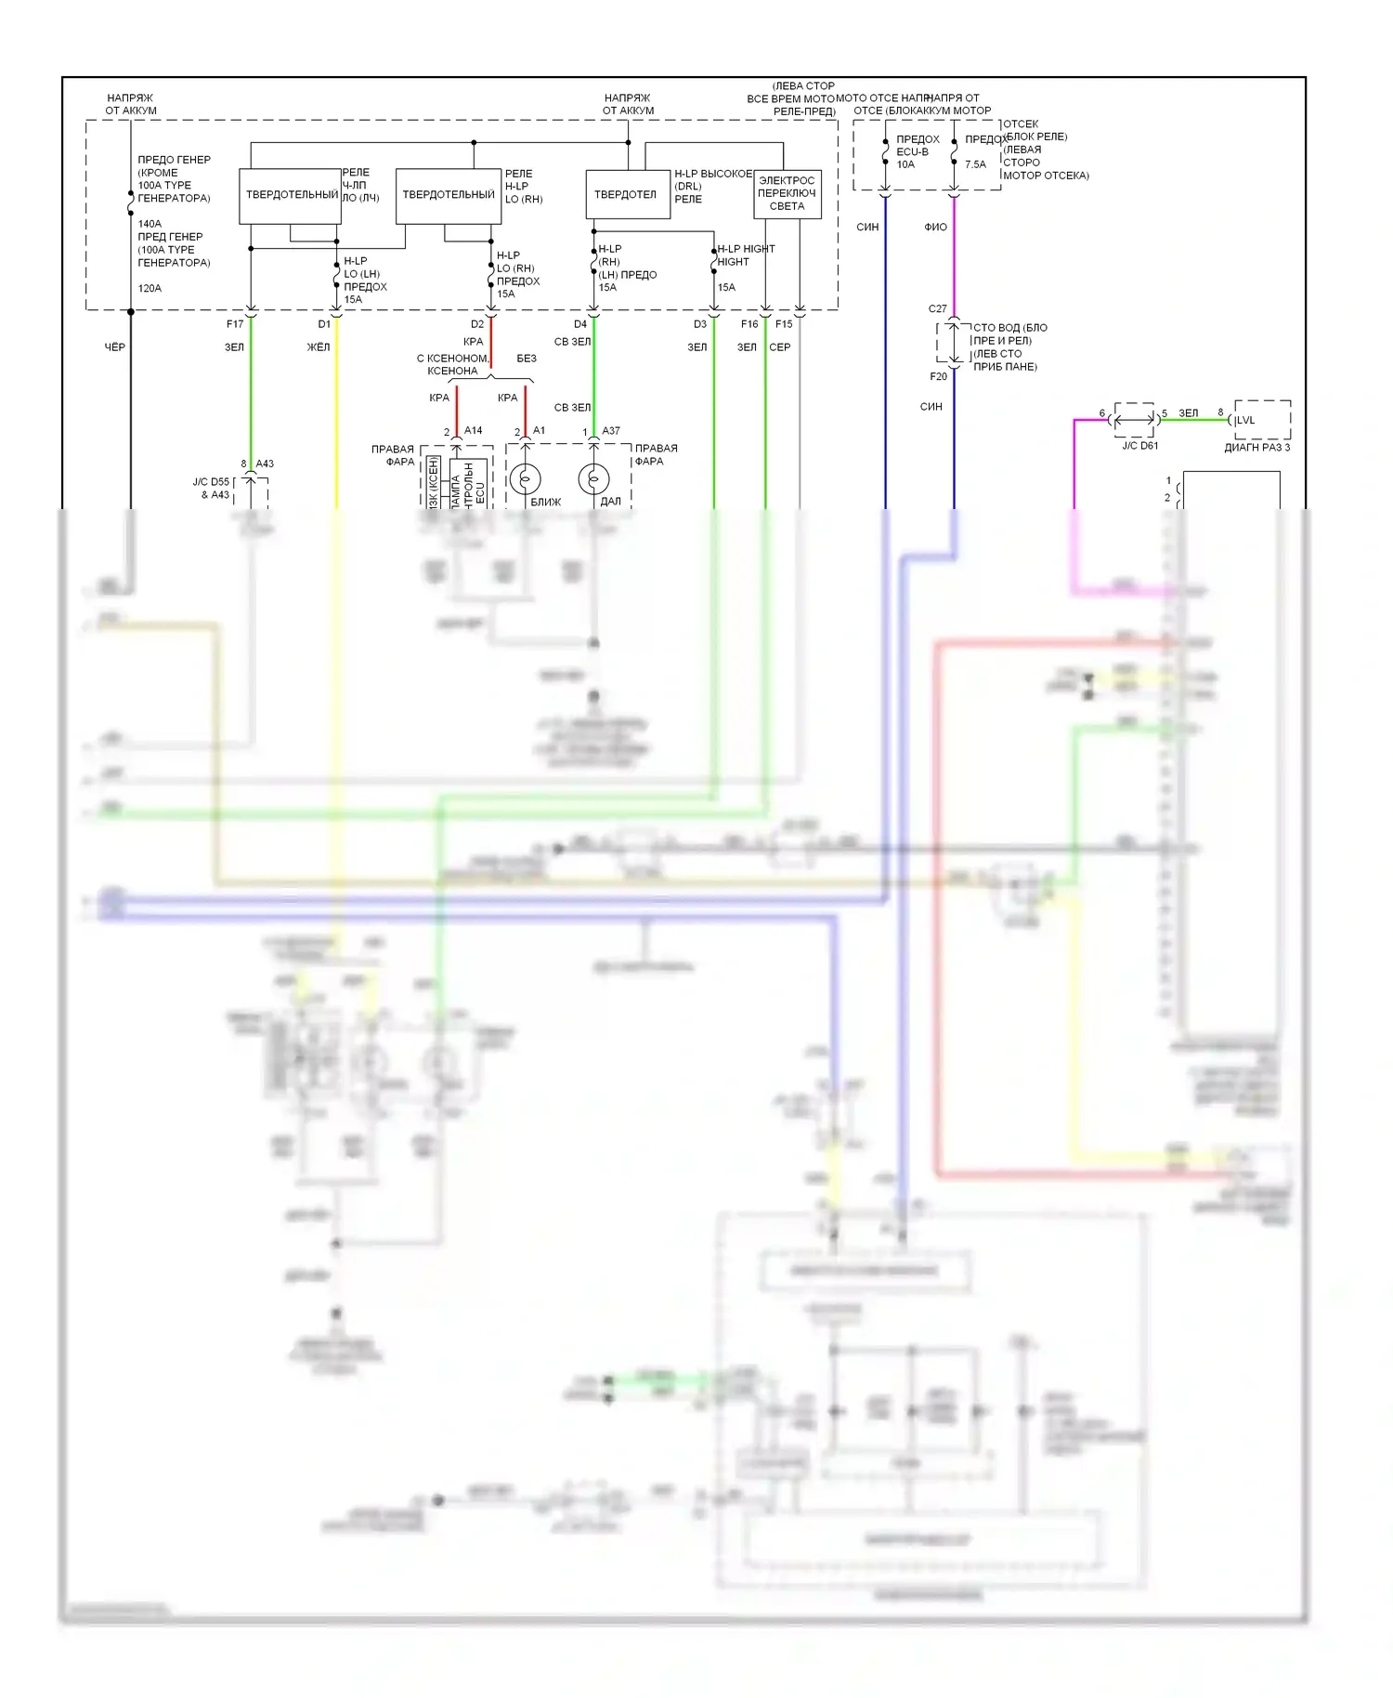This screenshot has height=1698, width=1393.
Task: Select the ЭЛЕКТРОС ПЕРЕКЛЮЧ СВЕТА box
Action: (x=788, y=194)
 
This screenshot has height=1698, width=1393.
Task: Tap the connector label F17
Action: (x=235, y=324)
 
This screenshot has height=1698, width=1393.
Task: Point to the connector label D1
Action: (x=324, y=324)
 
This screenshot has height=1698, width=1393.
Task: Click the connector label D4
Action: (x=580, y=324)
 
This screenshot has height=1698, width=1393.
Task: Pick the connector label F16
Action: (x=749, y=324)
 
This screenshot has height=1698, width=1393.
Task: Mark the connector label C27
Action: (x=938, y=308)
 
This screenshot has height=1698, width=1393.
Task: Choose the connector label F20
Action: (x=939, y=376)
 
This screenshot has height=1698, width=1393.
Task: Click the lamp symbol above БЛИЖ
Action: (x=525, y=479)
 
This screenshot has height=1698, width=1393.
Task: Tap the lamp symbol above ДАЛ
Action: (x=593, y=479)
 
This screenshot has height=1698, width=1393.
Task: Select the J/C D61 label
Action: (x=1139, y=446)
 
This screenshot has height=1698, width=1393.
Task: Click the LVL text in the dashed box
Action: (x=1245, y=421)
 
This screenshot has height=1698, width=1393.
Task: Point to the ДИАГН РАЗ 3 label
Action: (x=1256, y=448)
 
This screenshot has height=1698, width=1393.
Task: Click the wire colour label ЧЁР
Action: (x=114, y=347)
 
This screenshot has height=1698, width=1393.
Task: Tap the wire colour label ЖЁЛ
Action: (x=319, y=347)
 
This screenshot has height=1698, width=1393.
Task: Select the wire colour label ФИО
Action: (x=935, y=227)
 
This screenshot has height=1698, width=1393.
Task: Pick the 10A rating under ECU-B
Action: (x=905, y=164)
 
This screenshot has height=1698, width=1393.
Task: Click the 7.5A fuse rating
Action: (x=975, y=164)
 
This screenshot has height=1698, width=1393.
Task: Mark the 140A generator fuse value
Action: (x=150, y=224)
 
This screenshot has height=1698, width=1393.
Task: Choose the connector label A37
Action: (x=611, y=431)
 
